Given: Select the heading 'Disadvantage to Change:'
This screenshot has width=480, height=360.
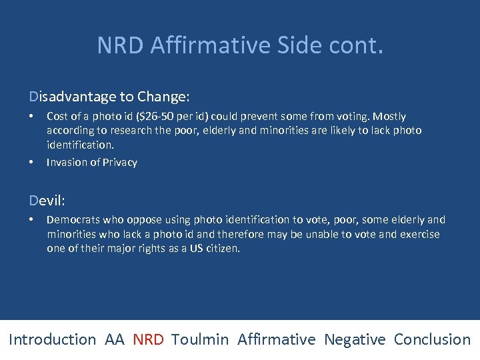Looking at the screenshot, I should point(109,97).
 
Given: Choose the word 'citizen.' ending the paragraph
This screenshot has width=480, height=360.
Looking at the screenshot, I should point(219,248).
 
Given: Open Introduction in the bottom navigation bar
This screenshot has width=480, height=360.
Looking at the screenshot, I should point(53,339).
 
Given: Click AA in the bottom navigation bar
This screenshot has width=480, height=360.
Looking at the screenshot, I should point(115,339).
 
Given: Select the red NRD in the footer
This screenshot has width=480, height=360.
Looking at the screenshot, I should point(148,339).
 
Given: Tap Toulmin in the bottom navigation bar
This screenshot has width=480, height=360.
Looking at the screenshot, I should point(200,339).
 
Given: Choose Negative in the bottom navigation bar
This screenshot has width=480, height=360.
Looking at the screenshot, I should point(355,339).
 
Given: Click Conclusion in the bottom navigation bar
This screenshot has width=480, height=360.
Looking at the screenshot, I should point(432,339).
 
